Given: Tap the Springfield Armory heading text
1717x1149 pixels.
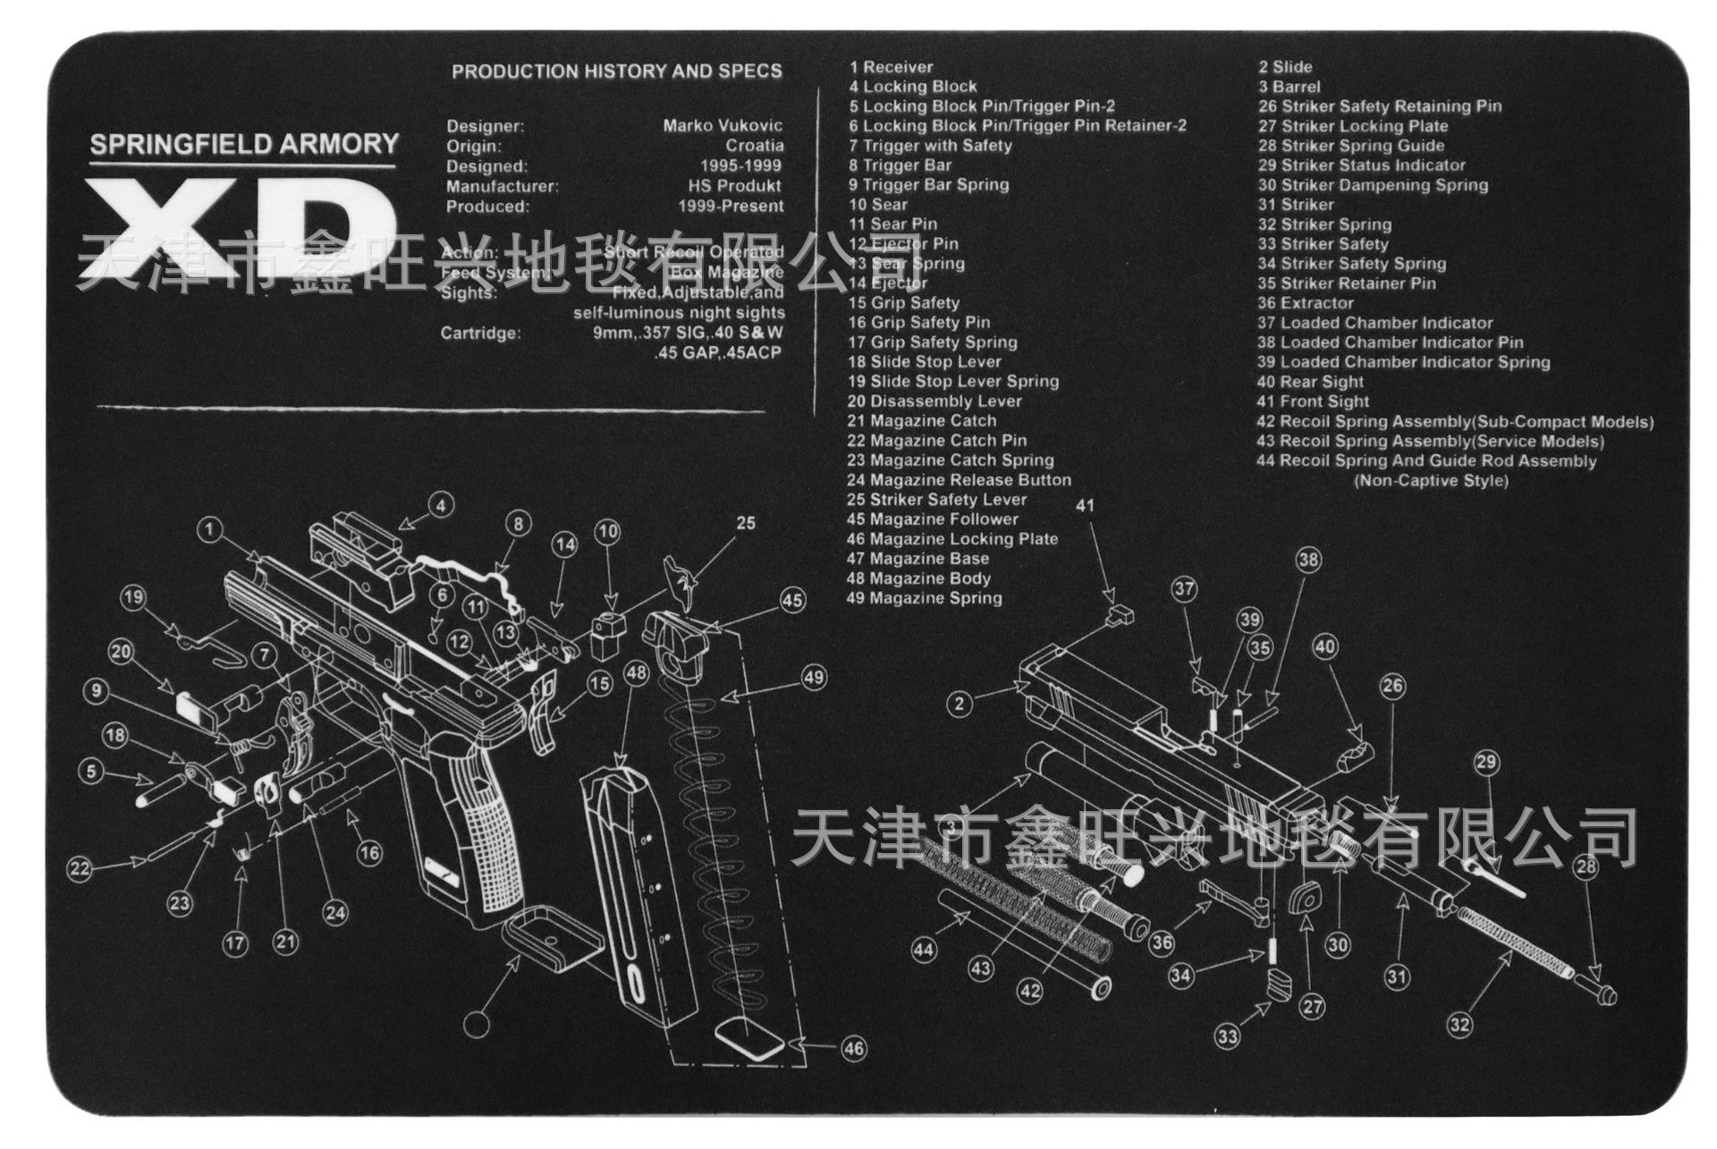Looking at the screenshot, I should (x=243, y=145).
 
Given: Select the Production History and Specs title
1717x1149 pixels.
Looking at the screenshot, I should (x=616, y=72).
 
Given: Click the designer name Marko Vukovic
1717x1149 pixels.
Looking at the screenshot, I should (x=723, y=125).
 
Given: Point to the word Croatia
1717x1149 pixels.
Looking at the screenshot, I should (x=755, y=145).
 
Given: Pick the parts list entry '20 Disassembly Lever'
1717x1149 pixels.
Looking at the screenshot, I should (x=935, y=401).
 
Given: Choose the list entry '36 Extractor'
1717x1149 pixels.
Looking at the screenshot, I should (x=1306, y=303).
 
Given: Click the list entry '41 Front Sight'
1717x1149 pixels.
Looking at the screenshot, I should (x=1313, y=401).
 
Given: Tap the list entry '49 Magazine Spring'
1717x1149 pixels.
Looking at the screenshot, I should (x=924, y=598).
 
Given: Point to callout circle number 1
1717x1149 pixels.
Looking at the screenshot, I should (x=209, y=530).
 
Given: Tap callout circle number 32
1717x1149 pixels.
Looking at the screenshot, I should (x=1459, y=1025).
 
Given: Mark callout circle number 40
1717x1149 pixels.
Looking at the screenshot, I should (x=1325, y=646).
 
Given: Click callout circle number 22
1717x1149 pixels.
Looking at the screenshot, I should (x=80, y=868).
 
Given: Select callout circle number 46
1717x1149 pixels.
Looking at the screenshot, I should (x=854, y=1048).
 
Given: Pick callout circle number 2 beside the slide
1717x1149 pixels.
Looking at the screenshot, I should (x=960, y=704).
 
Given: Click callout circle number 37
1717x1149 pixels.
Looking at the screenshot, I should (x=1185, y=589).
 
